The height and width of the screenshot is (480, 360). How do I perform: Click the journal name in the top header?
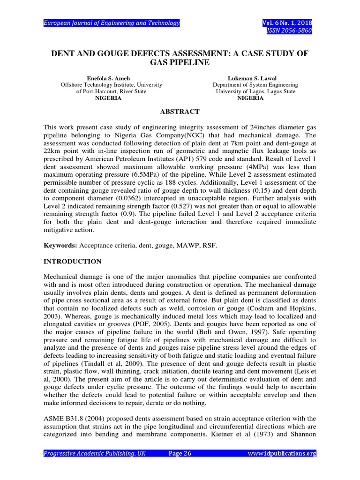(x=112, y=23)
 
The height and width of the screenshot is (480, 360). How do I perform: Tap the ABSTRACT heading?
(x=180, y=112)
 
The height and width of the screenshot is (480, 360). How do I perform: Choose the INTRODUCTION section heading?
(x=72, y=261)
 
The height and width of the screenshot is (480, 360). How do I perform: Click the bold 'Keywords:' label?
(x=60, y=245)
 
